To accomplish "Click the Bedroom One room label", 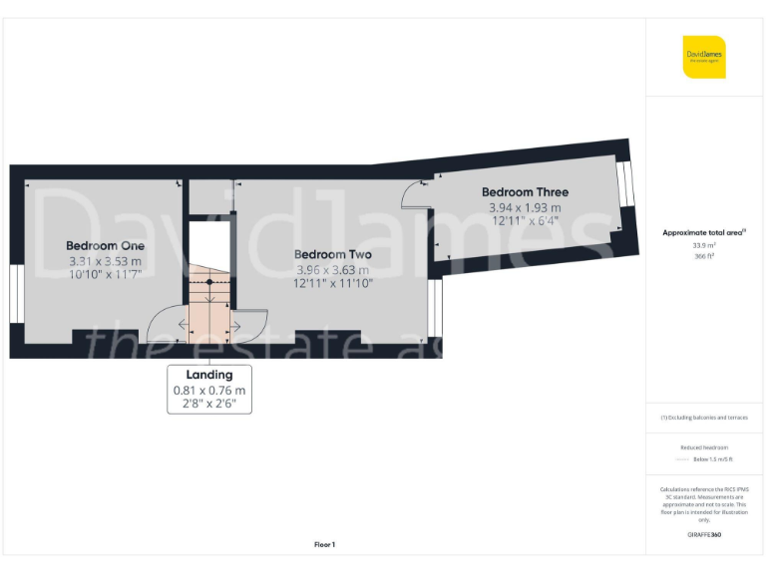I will point(105,245).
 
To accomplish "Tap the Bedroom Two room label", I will point(333,254).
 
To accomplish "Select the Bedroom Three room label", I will point(525,192).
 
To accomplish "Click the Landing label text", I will point(208,375).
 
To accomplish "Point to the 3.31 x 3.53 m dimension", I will point(105,261).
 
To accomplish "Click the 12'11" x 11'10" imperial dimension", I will point(333,284).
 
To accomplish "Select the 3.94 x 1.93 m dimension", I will point(525,207).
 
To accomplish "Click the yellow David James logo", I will point(704,57).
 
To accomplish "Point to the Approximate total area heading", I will point(703,232).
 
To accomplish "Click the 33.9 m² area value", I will point(703,245).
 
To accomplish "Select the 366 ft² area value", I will point(703,256).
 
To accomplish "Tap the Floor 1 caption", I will point(324,544).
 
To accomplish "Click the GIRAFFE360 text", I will point(703,535).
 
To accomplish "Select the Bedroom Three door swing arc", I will point(414,193).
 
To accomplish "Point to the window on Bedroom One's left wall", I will point(16,294).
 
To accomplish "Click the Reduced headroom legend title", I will point(703,447).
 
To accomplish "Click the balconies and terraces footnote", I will point(703,418).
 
